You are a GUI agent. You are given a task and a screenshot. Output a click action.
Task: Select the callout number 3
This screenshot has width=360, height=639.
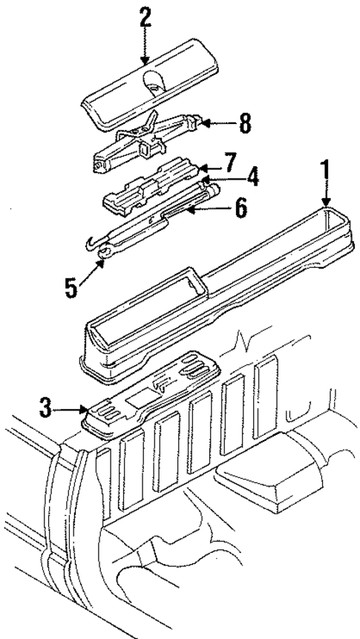tap(46, 406)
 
